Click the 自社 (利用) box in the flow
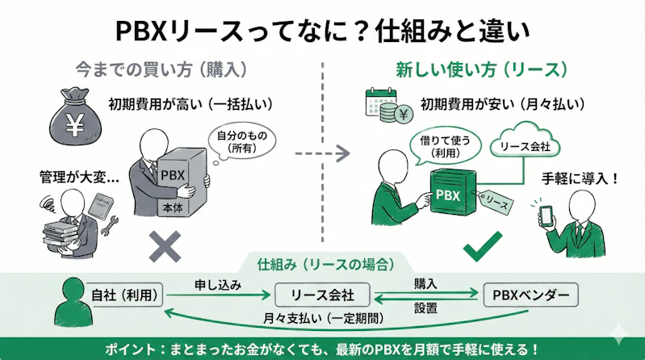click(x=125, y=294)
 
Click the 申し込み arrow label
click(x=216, y=285)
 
